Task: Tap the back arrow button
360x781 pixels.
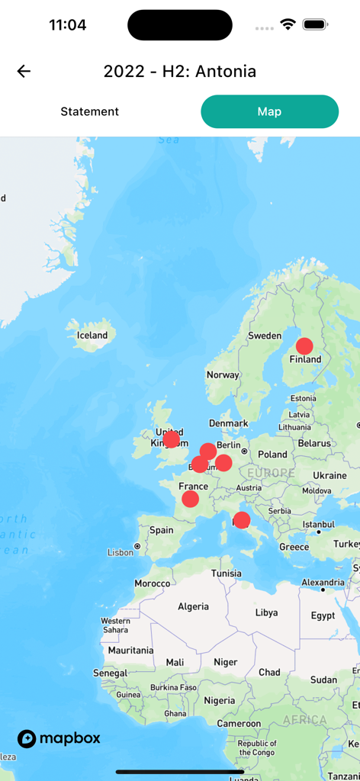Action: coord(24,72)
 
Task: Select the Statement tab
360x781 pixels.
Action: coord(90,111)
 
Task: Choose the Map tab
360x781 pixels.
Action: coord(269,111)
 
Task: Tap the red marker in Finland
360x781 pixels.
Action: coord(304,346)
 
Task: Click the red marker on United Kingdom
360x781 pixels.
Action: coord(172,439)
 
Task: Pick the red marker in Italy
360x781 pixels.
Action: coord(241,520)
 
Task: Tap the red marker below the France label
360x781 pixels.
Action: coord(191,499)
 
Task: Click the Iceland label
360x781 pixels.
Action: coord(92,335)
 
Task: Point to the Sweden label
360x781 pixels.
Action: coord(265,336)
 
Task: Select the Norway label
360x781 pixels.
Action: coord(223,374)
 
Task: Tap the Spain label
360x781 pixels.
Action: coord(162,530)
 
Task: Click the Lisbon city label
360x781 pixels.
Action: coord(121,552)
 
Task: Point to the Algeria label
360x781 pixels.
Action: coord(193,606)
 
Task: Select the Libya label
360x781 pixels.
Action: coord(266,612)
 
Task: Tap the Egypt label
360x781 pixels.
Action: coord(323,615)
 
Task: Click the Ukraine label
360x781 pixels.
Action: coord(329,475)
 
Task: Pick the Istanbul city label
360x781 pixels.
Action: coord(317,525)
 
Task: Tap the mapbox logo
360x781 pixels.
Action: coord(59,738)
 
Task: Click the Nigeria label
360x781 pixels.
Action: coord(220,700)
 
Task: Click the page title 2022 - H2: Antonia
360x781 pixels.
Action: coord(180,72)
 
